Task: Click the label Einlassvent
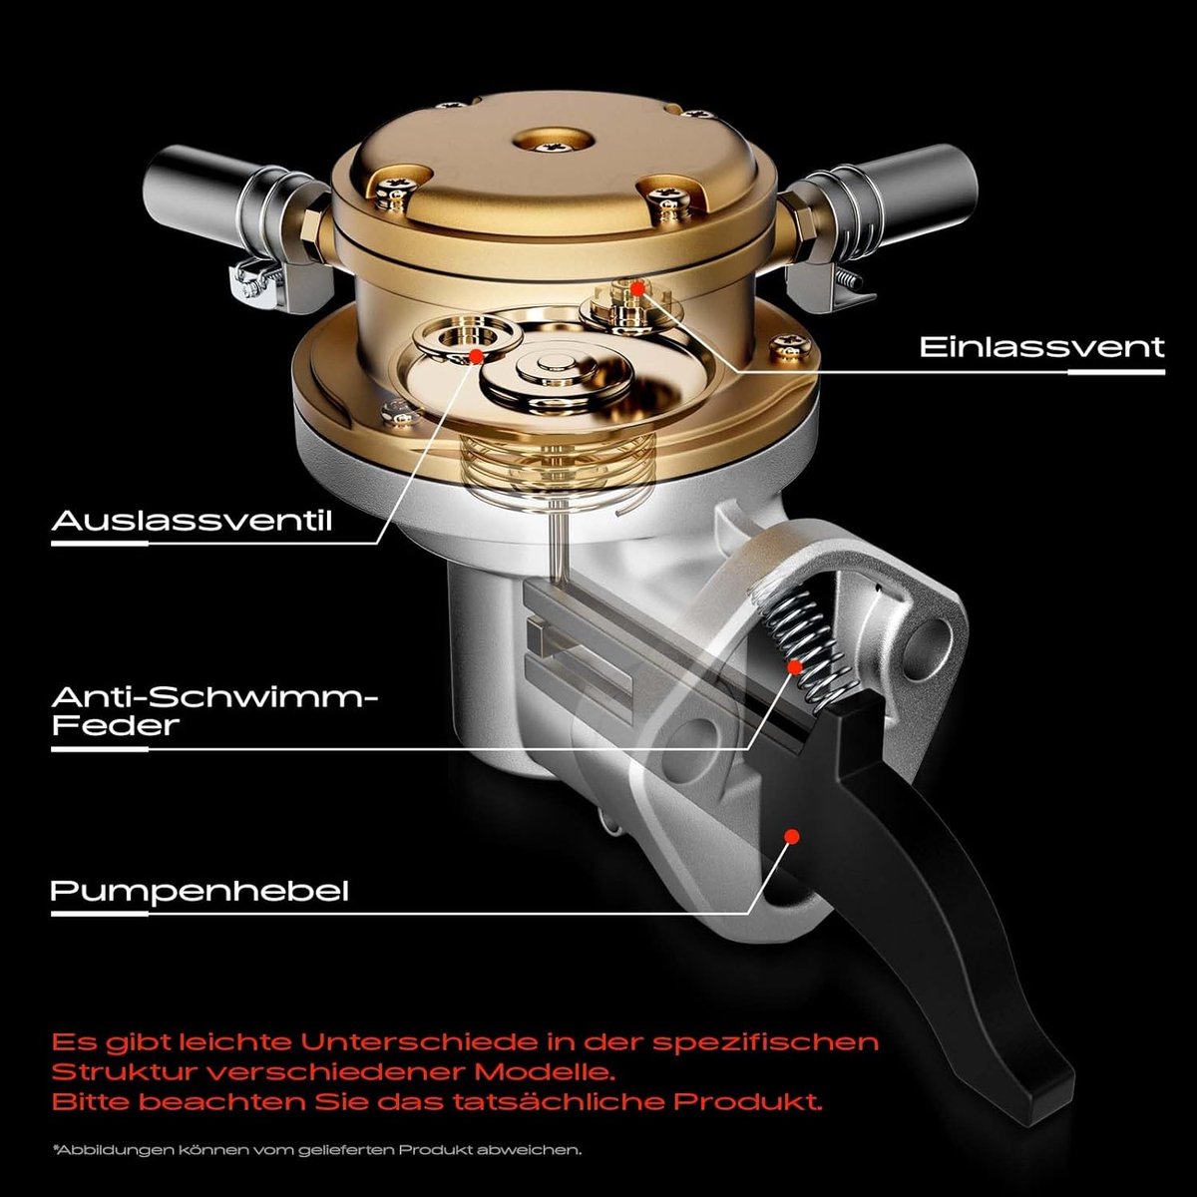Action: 1041,346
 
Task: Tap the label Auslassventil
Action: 192,521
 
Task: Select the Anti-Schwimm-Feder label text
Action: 214,711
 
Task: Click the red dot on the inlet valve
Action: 637,289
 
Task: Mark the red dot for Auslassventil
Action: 477,356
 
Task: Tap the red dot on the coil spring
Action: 794,667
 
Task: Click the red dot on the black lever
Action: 791,836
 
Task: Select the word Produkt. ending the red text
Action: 748,1102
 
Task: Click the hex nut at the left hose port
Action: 310,233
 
